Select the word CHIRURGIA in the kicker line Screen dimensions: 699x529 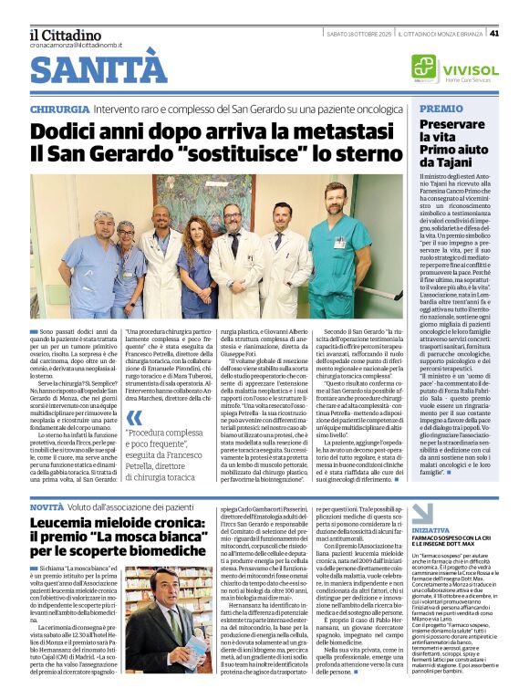pyautogui.click(x=58, y=110)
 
